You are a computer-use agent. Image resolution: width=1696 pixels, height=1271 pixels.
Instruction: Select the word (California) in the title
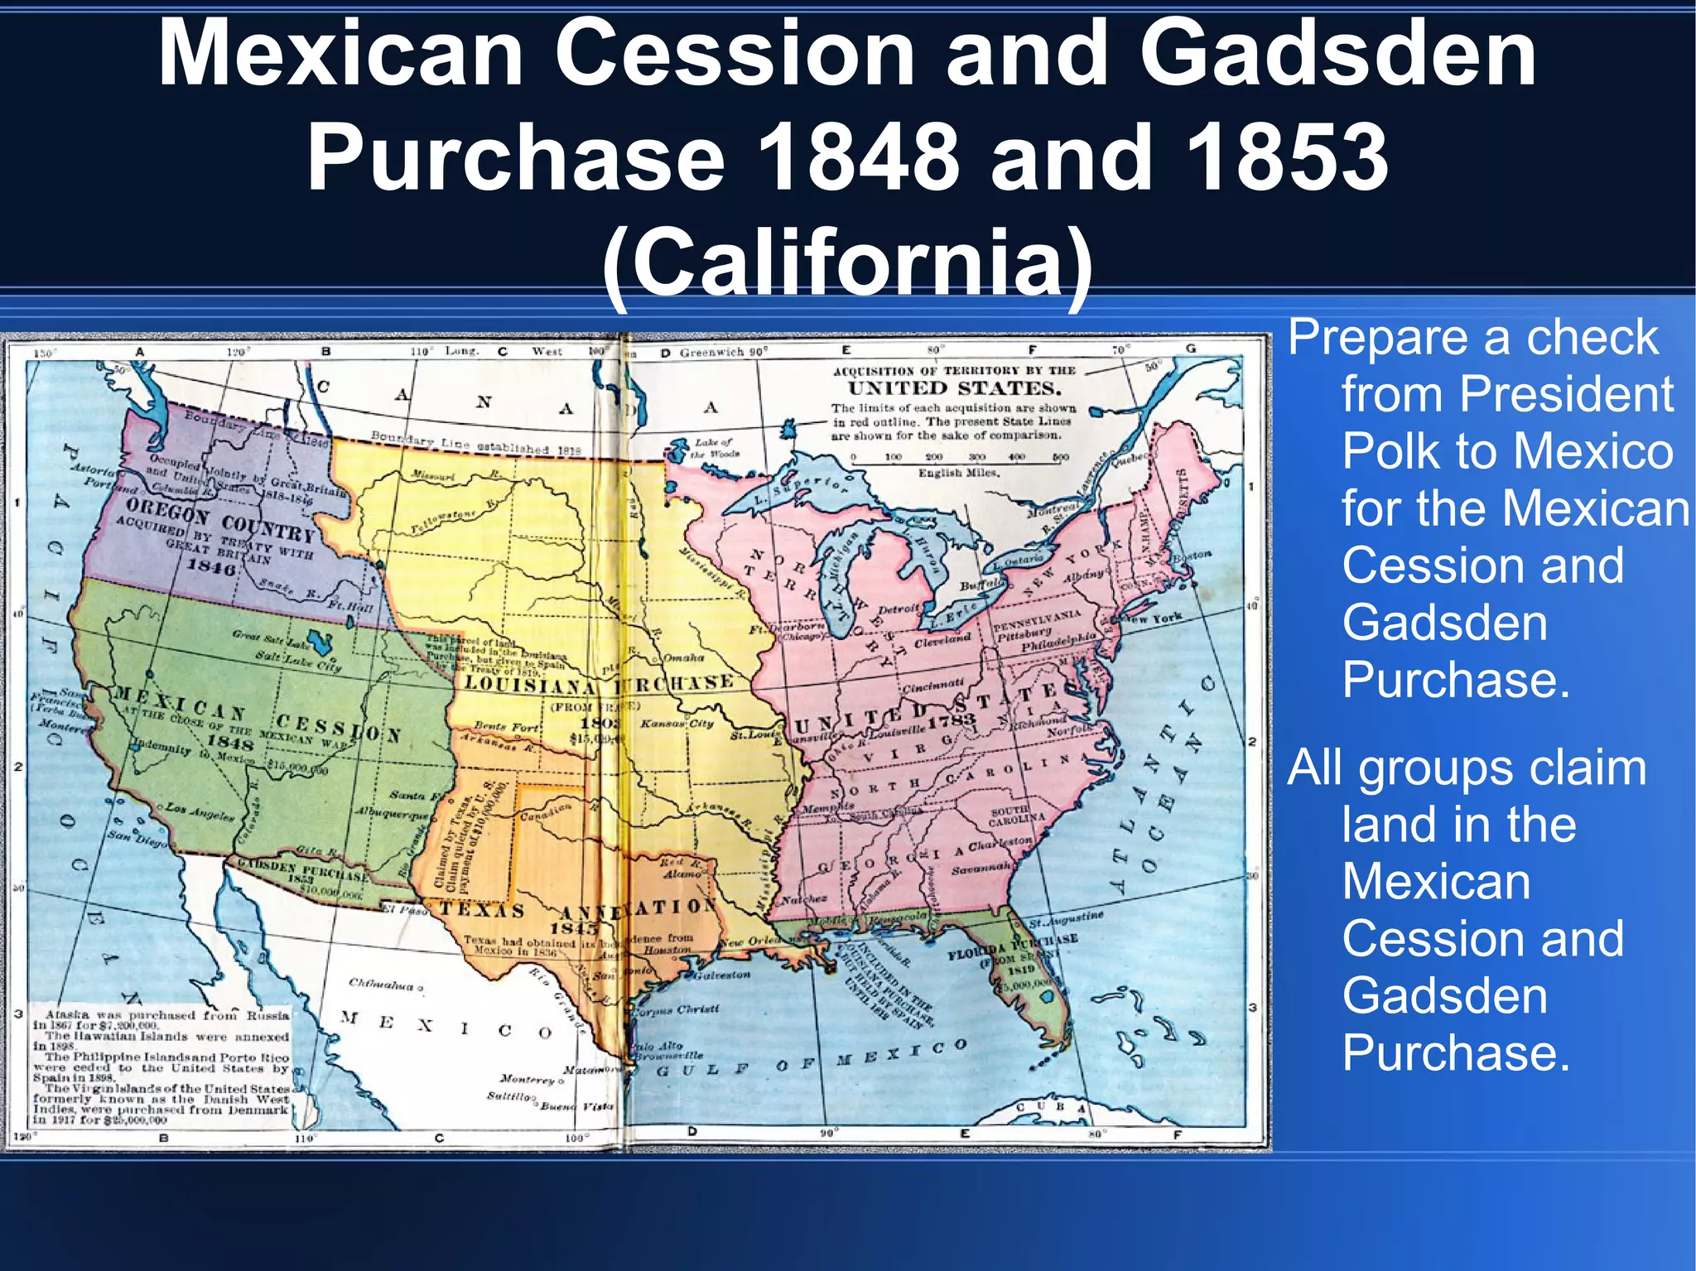coord(847,263)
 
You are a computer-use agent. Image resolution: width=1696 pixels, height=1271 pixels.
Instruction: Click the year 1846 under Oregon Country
coord(211,566)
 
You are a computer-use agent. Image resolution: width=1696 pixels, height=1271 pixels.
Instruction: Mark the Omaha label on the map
coord(683,657)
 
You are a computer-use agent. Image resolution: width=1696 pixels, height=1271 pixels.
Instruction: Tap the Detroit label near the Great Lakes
coord(898,609)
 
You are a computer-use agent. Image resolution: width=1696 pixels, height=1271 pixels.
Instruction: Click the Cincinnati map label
coord(933,685)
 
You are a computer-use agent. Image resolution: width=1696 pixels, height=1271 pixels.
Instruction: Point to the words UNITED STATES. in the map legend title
coord(954,388)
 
